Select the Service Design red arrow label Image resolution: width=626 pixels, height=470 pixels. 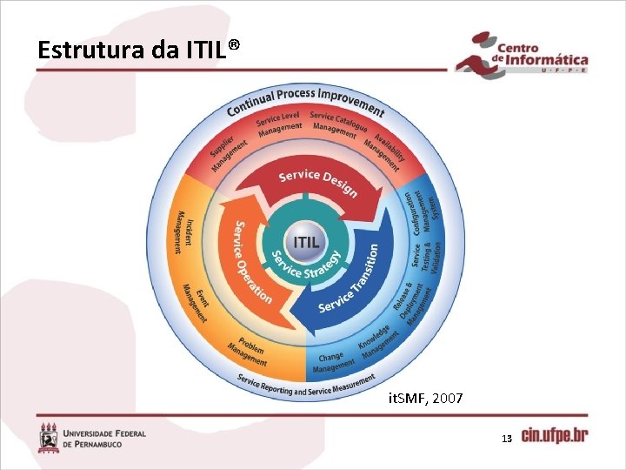(x=317, y=183)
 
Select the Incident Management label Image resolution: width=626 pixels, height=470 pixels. (x=184, y=232)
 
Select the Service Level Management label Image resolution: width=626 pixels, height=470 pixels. (x=278, y=124)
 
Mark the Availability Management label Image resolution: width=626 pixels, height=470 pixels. (x=383, y=144)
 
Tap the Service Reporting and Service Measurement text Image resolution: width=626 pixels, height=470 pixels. (x=306, y=385)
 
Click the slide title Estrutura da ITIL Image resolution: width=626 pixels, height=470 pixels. (x=137, y=50)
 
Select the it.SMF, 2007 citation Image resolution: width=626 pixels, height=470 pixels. (x=425, y=399)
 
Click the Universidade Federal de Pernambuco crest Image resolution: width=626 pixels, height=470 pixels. (x=48, y=437)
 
